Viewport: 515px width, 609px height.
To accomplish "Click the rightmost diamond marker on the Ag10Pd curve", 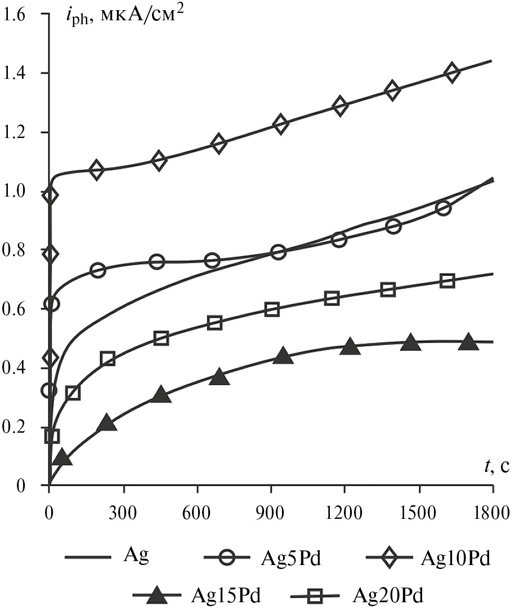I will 451,73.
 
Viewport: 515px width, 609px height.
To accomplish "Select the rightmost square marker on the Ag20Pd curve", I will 447,281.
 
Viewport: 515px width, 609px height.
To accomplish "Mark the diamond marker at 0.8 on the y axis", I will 51,254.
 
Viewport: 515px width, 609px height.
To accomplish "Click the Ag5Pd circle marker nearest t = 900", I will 278,252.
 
